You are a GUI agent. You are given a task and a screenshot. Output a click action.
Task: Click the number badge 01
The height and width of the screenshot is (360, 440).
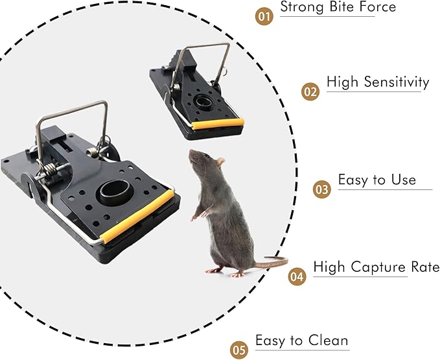tap(263, 16)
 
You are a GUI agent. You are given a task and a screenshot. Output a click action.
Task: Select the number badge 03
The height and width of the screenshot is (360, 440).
tap(322, 189)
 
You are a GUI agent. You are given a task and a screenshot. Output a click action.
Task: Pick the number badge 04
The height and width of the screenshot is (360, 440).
tap(297, 276)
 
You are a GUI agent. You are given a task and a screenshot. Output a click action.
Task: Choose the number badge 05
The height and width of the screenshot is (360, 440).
tap(239, 350)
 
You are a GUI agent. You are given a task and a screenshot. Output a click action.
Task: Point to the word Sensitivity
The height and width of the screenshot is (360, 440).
tap(397, 82)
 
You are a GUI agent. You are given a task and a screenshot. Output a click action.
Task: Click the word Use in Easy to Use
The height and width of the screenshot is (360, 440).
tap(403, 180)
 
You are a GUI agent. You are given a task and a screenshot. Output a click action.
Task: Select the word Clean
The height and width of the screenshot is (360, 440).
tap(329, 341)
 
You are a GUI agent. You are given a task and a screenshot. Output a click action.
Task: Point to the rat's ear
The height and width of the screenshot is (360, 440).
tap(220, 162)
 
